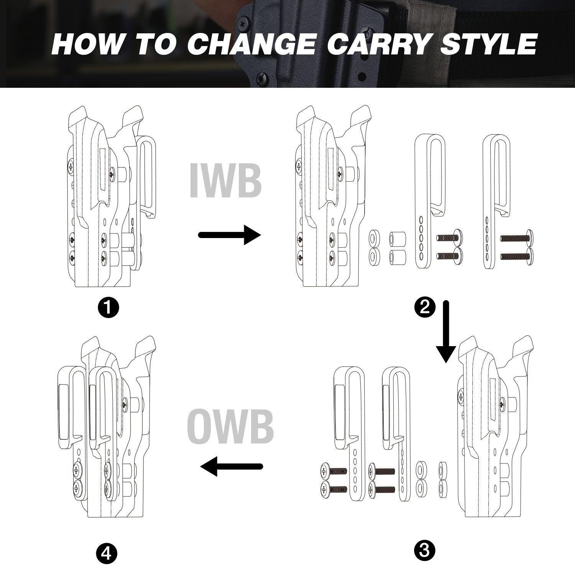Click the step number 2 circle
pyautogui.click(x=425, y=307)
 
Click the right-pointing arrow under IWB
pyautogui.click(x=229, y=234)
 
